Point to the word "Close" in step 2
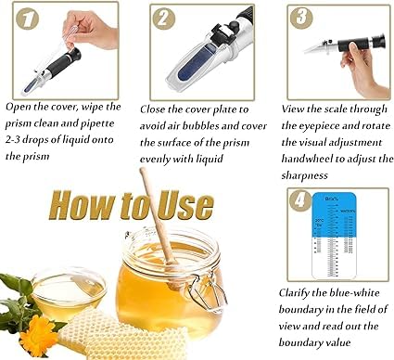tap(157, 108)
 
